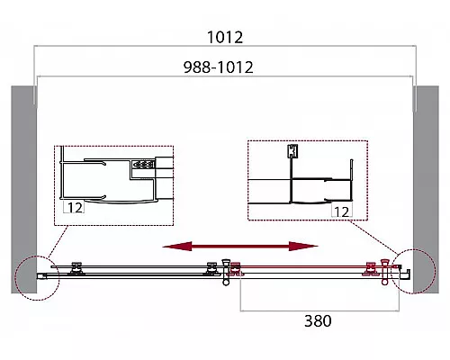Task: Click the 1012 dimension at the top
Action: pos(225,37)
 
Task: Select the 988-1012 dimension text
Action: pos(219,67)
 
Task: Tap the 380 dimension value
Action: pos(318,320)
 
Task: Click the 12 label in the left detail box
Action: pos(75,208)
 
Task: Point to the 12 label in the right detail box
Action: pos(341,211)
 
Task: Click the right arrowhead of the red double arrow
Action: pos(303,247)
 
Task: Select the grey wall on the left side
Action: pos(24,190)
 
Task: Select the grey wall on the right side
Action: pos(426,190)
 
